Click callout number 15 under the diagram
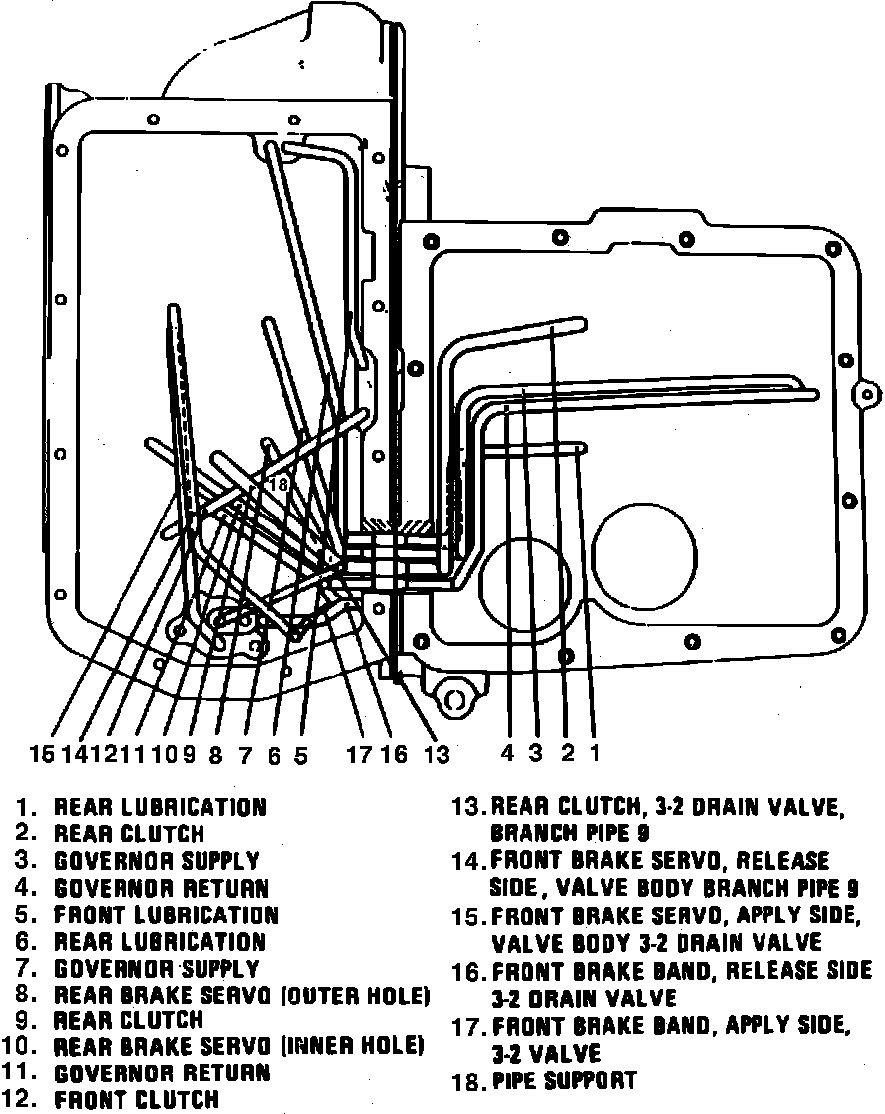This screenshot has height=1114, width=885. (x=41, y=755)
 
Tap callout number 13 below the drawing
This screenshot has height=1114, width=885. (x=437, y=755)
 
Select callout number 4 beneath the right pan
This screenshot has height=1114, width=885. (x=507, y=754)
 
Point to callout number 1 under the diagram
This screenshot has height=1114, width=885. (x=595, y=754)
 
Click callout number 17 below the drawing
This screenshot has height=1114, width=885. (x=359, y=755)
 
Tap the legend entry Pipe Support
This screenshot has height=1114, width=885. (x=564, y=1080)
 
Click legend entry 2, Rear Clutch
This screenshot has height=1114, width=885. (x=128, y=835)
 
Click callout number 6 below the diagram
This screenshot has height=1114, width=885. (x=274, y=756)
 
